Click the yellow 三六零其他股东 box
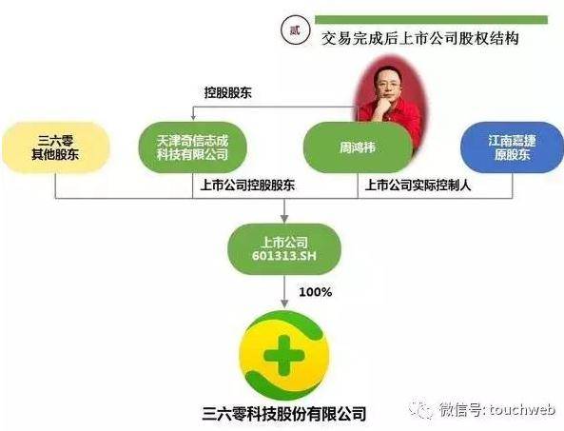tap(55, 147)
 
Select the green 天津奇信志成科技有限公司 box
tap(192, 147)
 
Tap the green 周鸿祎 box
tap(358, 147)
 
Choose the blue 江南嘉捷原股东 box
tap(513, 147)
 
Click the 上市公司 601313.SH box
tap(284, 249)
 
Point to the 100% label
tap(315, 292)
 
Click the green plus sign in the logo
tap(284, 356)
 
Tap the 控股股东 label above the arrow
tap(227, 93)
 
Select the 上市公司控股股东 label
tap(247, 186)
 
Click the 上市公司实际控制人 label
tap(418, 186)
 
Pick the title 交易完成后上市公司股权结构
tap(420, 38)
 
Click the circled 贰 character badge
tap(295, 31)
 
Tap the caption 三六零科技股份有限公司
tap(284, 413)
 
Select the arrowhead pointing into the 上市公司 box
tap(284, 219)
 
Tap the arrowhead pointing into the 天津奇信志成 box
tap(193, 117)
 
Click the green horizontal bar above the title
tap(431, 20)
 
